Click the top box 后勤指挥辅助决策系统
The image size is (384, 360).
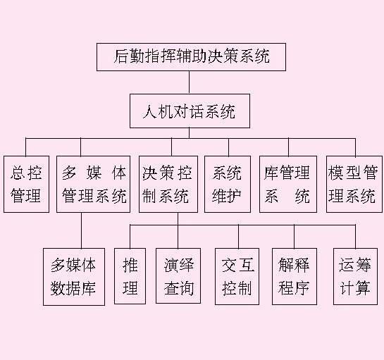tap(191, 57)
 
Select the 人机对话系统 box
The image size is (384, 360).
tap(190, 111)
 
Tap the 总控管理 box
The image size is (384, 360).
tap(26, 184)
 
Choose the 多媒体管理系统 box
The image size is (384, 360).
tap(93, 184)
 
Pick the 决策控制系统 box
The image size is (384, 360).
tap(168, 184)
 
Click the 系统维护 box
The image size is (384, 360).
tap(228, 184)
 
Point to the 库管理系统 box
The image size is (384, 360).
tap(288, 184)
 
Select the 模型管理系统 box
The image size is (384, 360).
tap(354, 184)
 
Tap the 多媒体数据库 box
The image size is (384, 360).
tap(74, 277)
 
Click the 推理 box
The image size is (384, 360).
tap(130, 276)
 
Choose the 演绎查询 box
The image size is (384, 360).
tap(178, 275)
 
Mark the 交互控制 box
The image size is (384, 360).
tap(237, 276)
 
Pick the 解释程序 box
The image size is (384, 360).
tap(295, 276)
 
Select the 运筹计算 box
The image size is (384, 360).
tap(355, 276)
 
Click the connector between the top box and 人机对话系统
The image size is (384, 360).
tap(189, 82)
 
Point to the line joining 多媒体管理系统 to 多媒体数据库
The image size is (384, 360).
tap(82, 230)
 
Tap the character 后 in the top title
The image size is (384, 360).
tap(121, 56)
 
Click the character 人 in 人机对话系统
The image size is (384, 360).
tap(149, 111)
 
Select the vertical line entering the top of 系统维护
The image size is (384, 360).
tap(229, 147)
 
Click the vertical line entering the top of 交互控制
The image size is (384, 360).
tap(239, 237)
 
